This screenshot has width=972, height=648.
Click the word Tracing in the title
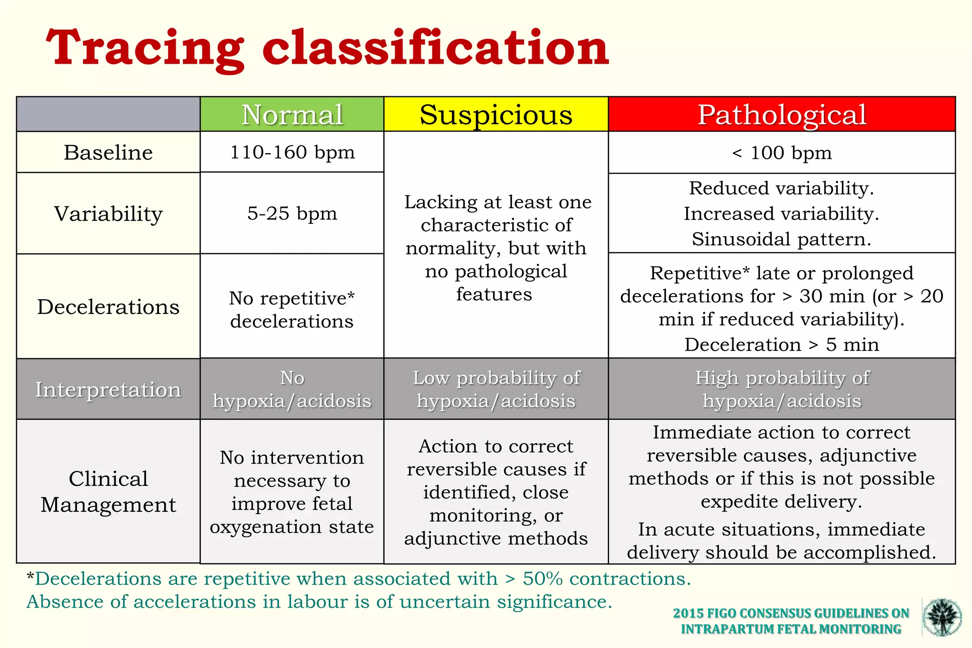145,48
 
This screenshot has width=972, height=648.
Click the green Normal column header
292,114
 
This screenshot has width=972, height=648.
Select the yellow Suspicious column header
496,114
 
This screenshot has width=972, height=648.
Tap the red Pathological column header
782,114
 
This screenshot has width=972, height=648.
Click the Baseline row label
108,152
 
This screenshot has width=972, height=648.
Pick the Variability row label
108,213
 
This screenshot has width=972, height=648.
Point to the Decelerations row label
108,306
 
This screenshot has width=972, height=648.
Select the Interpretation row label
108,389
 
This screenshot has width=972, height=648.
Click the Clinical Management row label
108,491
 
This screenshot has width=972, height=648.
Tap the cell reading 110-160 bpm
292,152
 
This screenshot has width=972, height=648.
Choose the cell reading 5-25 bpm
292,213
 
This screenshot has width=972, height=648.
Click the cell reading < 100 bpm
782,153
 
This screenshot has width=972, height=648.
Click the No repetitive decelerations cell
292,309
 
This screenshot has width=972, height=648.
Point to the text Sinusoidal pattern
782,239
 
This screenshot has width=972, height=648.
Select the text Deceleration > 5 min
782,344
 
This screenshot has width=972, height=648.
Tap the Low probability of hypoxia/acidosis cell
496,389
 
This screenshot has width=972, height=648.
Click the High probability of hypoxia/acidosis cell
782,389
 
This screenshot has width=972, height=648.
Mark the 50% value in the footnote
543,579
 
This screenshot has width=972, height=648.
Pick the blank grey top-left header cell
108,114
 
